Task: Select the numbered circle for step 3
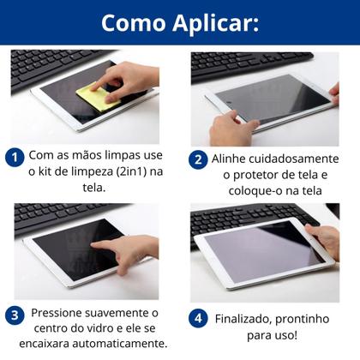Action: [15, 315]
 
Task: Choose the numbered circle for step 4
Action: [199, 318]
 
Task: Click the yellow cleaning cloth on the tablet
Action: [97, 97]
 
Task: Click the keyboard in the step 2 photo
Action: [249, 63]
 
